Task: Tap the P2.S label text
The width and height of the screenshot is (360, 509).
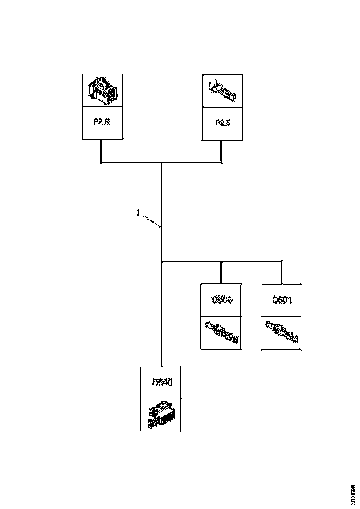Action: (223, 124)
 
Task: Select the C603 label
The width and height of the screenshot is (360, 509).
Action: (222, 299)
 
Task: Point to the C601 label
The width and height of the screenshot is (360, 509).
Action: (282, 299)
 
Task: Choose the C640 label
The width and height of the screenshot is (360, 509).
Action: (161, 382)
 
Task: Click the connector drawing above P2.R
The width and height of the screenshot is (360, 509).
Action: (102, 90)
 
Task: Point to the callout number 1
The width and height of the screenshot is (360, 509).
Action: (137, 212)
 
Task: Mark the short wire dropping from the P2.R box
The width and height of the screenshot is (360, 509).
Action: (101, 150)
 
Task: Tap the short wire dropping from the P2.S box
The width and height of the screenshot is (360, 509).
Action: (222, 150)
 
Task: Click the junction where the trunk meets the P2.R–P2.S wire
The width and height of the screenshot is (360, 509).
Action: (161, 163)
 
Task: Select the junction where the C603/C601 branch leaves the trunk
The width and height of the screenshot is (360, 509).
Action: (161, 261)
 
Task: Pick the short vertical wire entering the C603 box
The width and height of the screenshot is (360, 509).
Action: (222, 273)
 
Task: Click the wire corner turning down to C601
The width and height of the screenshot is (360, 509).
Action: (281, 262)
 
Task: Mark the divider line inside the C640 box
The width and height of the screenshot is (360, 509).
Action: (161, 398)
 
